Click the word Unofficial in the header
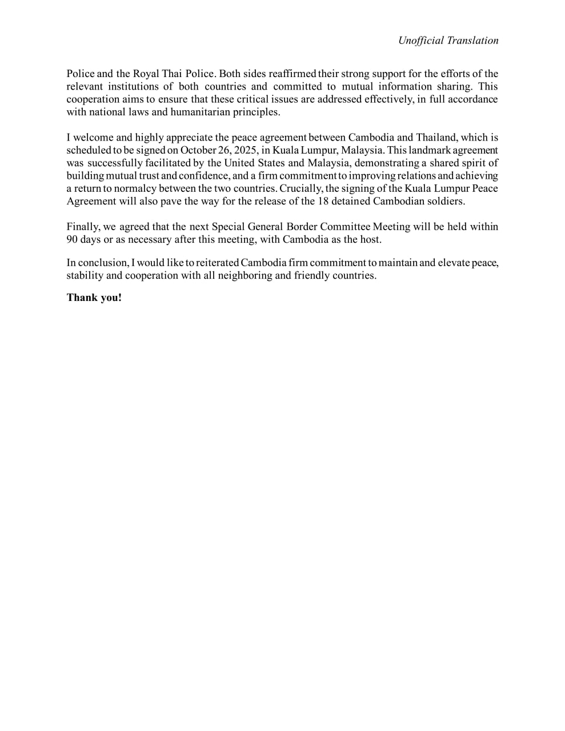pos(421,41)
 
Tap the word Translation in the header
pos(472,41)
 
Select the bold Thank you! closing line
pos(94,298)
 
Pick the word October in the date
pos(198,150)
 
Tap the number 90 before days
pos(72,239)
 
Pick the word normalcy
pos(141,188)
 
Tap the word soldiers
pos(446,201)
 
